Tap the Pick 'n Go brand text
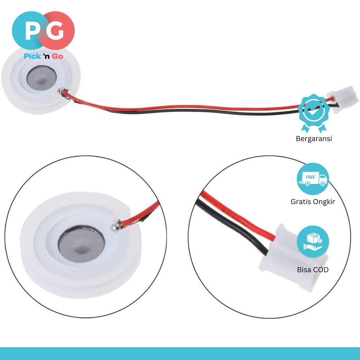pyautogui.click(x=43, y=56)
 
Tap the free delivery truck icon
pyautogui.click(x=312, y=179)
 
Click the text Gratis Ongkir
pyautogui.click(x=312, y=202)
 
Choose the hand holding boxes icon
pyautogui.click(x=312, y=241)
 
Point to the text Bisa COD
pyautogui.click(x=312, y=269)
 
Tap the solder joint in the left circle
pyautogui.click(x=116, y=226)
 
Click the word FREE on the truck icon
pyautogui.click(x=310, y=177)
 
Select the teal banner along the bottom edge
pyautogui.click(x=180, y=354)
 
